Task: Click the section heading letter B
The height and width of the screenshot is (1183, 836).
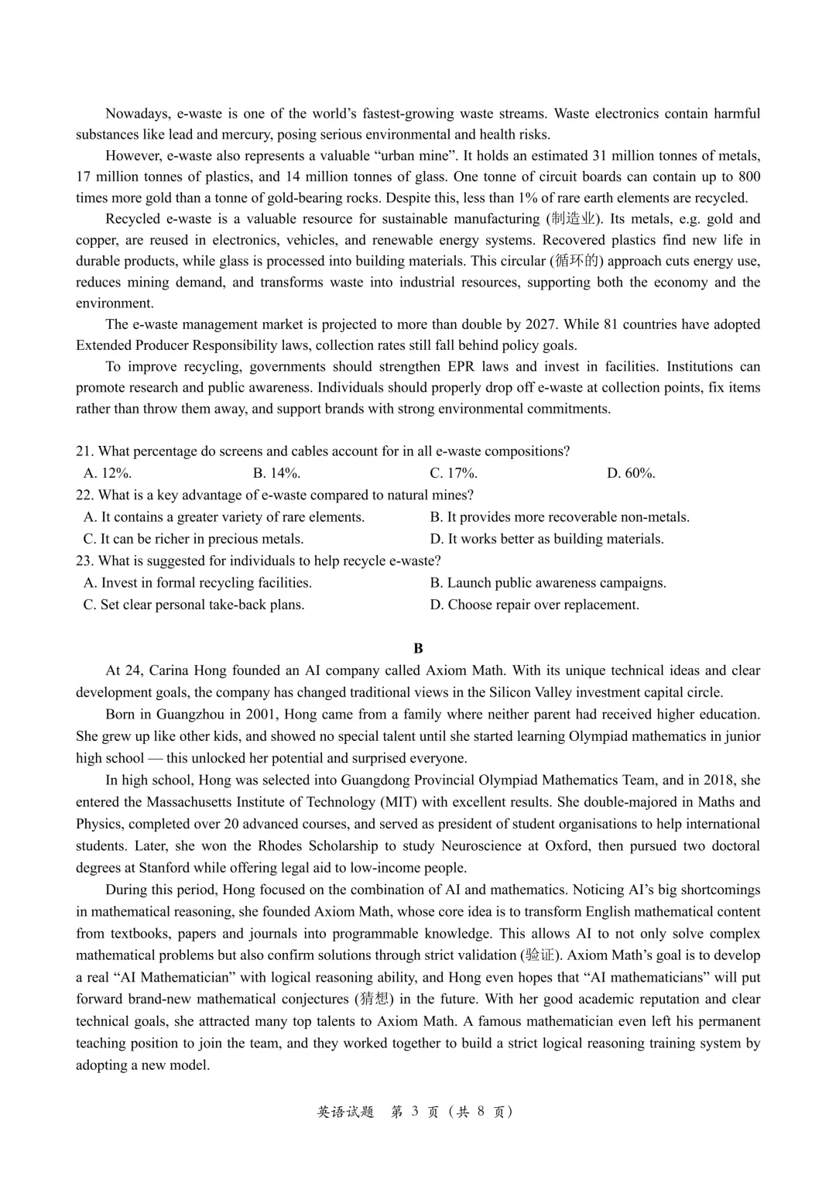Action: (418, 648)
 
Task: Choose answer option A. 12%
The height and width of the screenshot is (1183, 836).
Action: (108, 473)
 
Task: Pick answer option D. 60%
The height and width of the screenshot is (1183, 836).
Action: (631, 473)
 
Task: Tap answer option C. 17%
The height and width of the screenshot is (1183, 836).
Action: (454, 473)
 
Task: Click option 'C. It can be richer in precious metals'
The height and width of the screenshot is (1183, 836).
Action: (194, 539)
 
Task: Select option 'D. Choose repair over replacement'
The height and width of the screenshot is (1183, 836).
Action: (535, 605)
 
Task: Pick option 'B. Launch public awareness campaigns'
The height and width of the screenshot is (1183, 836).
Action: (548, 583)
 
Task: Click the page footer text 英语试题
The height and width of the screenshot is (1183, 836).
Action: (345, 1112)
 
